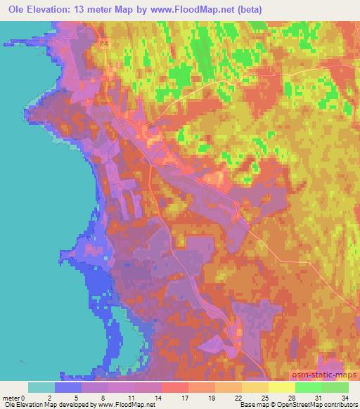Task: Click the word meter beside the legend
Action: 12,398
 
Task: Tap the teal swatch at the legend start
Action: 41,387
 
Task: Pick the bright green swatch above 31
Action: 308,387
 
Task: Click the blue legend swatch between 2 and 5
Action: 67,387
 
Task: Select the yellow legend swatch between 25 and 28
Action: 281,387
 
